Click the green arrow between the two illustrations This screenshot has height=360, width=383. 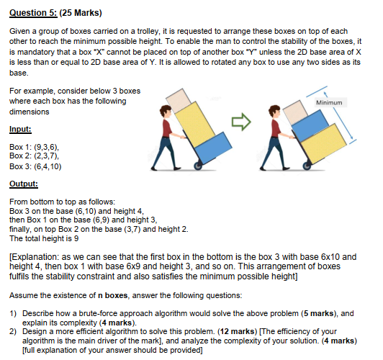point(245,124)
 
